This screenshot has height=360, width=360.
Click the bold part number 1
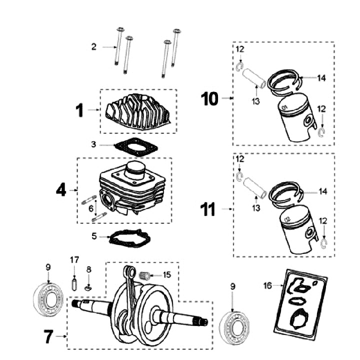coord(79,109)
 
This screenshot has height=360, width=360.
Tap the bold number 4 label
coord(60,190)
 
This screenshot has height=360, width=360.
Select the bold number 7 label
coord(48,337)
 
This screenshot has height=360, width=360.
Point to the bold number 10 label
coord(210,98)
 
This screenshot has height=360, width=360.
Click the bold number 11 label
coord(207,209)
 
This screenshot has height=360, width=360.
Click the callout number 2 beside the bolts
coord(93,47)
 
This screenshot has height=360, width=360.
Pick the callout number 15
coord(167,274)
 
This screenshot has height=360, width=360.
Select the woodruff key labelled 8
coord(88,287)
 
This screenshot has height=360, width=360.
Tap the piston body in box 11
coord(296,233)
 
